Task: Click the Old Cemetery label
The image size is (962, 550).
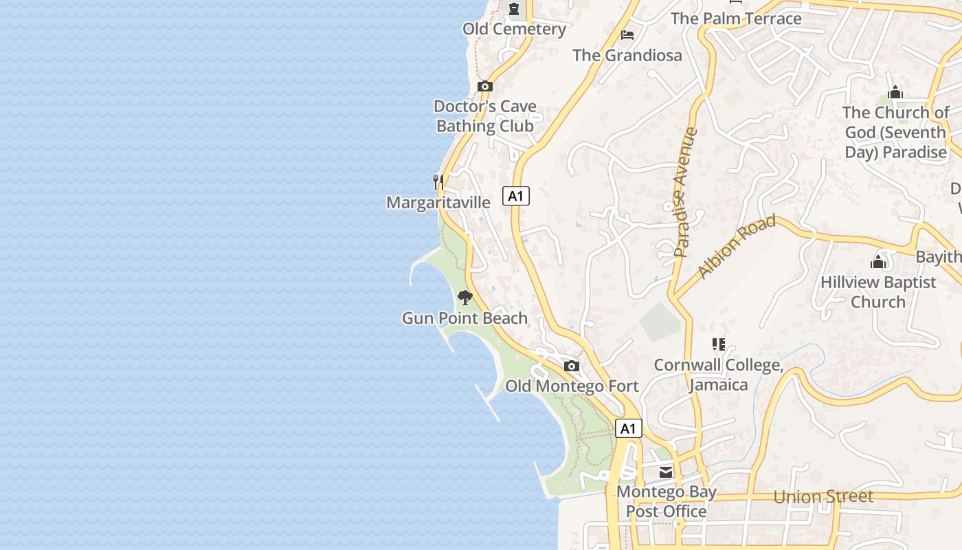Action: pyautogui.click(x=514, y=29)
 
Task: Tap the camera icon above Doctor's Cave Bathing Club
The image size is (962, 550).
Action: pyautogui.click(x=485, y=86)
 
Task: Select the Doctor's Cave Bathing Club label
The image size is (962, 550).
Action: pyautogui.click(x=485, y=116)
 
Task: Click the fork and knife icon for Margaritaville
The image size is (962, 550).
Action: pyautogui.click(x=438, y=181)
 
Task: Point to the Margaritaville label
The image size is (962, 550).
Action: pyautogui.click(x=438, y=202)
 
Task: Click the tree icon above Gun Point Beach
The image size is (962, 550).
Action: pyautogui.click(x=465, y=298)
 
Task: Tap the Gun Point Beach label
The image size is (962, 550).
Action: pyautogui.click(x=465, y=318)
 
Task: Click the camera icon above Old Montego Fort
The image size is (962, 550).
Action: pyautogui.click(x=572, y=366)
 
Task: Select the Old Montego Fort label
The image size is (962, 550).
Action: pyautogui.click(x=572, y=386)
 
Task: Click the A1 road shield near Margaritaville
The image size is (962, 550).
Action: pyautogui.click(x=516, y=196)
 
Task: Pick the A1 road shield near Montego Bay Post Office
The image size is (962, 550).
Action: pyautogui.click(x=628, y=428)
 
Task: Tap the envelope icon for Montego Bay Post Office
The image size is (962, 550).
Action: pyautogui.click(x=666, y=472)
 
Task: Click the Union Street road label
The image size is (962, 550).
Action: pyautogui.click(x=823, y=496)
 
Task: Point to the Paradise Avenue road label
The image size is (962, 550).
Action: pyautogui.click(x=685, y=192)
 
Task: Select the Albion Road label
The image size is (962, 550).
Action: pyautogui.click(x=737, y=246)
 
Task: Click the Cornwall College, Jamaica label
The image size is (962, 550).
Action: pyautogui.click(x=719, y=375)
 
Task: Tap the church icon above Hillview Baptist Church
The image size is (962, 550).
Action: pyautogui.click(x=878, y=262)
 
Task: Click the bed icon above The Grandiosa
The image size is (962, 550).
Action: pyautogui.click(x=627, y=35)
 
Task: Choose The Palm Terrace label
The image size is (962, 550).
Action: pyautogui.click(x=736, y=19)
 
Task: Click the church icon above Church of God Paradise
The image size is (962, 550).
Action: pyautogui.click(x=895, y=93)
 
